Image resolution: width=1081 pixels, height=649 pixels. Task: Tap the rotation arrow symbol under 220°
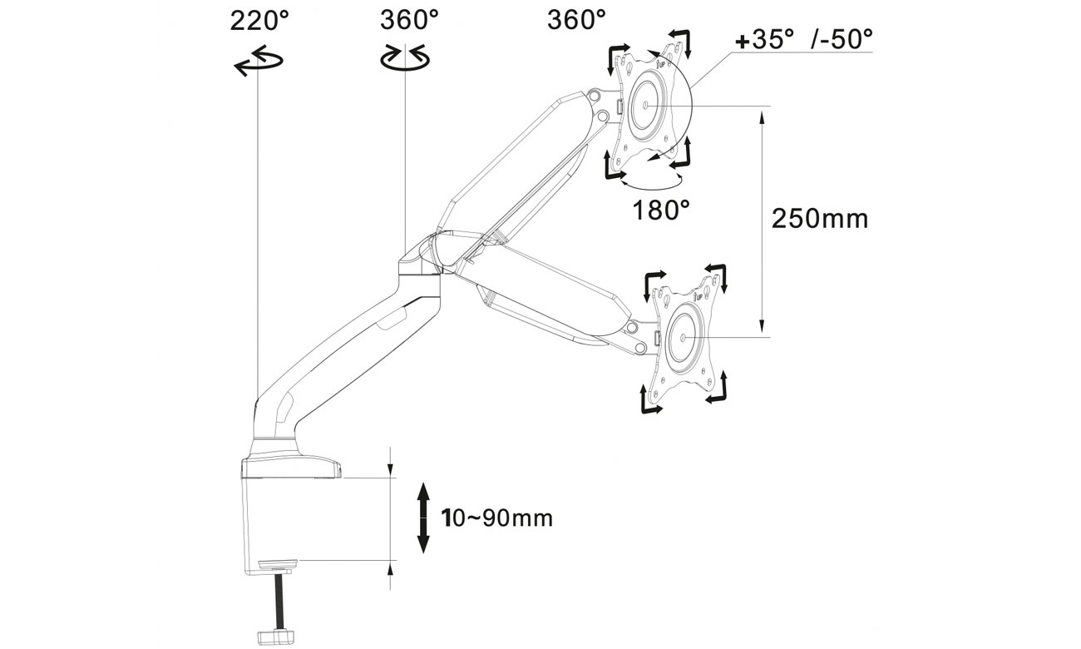pyautogui.click(x=259, y=62)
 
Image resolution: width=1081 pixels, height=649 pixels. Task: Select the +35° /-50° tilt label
pyautogui.click(x=804, y=38)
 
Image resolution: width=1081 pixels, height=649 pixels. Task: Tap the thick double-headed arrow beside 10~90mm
pyautogui.click(x=423, y=518)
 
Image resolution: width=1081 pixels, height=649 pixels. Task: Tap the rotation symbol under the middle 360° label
pyautogui.click(x=405, y=57)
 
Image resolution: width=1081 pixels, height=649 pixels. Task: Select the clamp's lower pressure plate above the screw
pyautogui.click(x=279, y=567)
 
